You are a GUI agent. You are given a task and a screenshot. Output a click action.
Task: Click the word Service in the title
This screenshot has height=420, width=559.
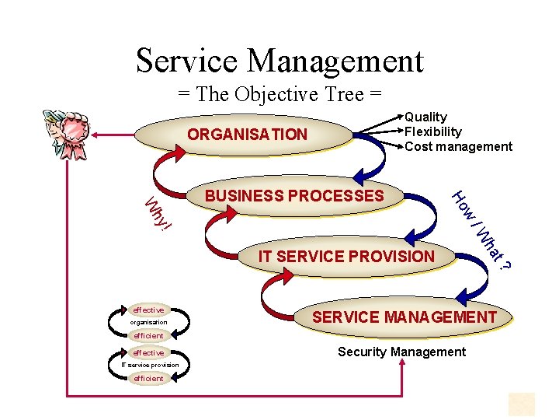click(186, 61)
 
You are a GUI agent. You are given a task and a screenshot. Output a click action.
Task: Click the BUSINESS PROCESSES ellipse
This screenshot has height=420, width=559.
click(294, 196)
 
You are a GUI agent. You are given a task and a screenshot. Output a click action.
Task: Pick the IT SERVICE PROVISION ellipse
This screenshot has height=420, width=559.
click(346, 256)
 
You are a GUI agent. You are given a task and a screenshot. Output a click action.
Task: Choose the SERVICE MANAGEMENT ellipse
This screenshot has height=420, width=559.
click(404, 317)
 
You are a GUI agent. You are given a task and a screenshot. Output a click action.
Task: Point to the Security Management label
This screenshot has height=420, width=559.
click(401, 352)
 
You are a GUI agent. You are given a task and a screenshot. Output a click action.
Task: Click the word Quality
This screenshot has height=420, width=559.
click(426, 117)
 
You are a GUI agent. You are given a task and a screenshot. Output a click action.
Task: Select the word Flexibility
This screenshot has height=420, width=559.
click(432, 131)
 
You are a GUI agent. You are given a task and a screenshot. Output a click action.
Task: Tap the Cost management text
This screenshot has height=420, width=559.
click(458, 146)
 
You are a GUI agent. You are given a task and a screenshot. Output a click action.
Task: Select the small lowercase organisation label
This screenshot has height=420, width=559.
click(148, 322)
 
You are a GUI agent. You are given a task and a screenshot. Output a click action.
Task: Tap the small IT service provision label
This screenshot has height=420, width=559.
click(150, 365)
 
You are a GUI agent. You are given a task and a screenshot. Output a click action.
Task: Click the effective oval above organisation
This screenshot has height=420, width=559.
click(148, 310)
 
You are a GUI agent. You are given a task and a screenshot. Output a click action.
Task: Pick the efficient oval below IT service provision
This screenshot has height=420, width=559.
click(148, 378)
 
